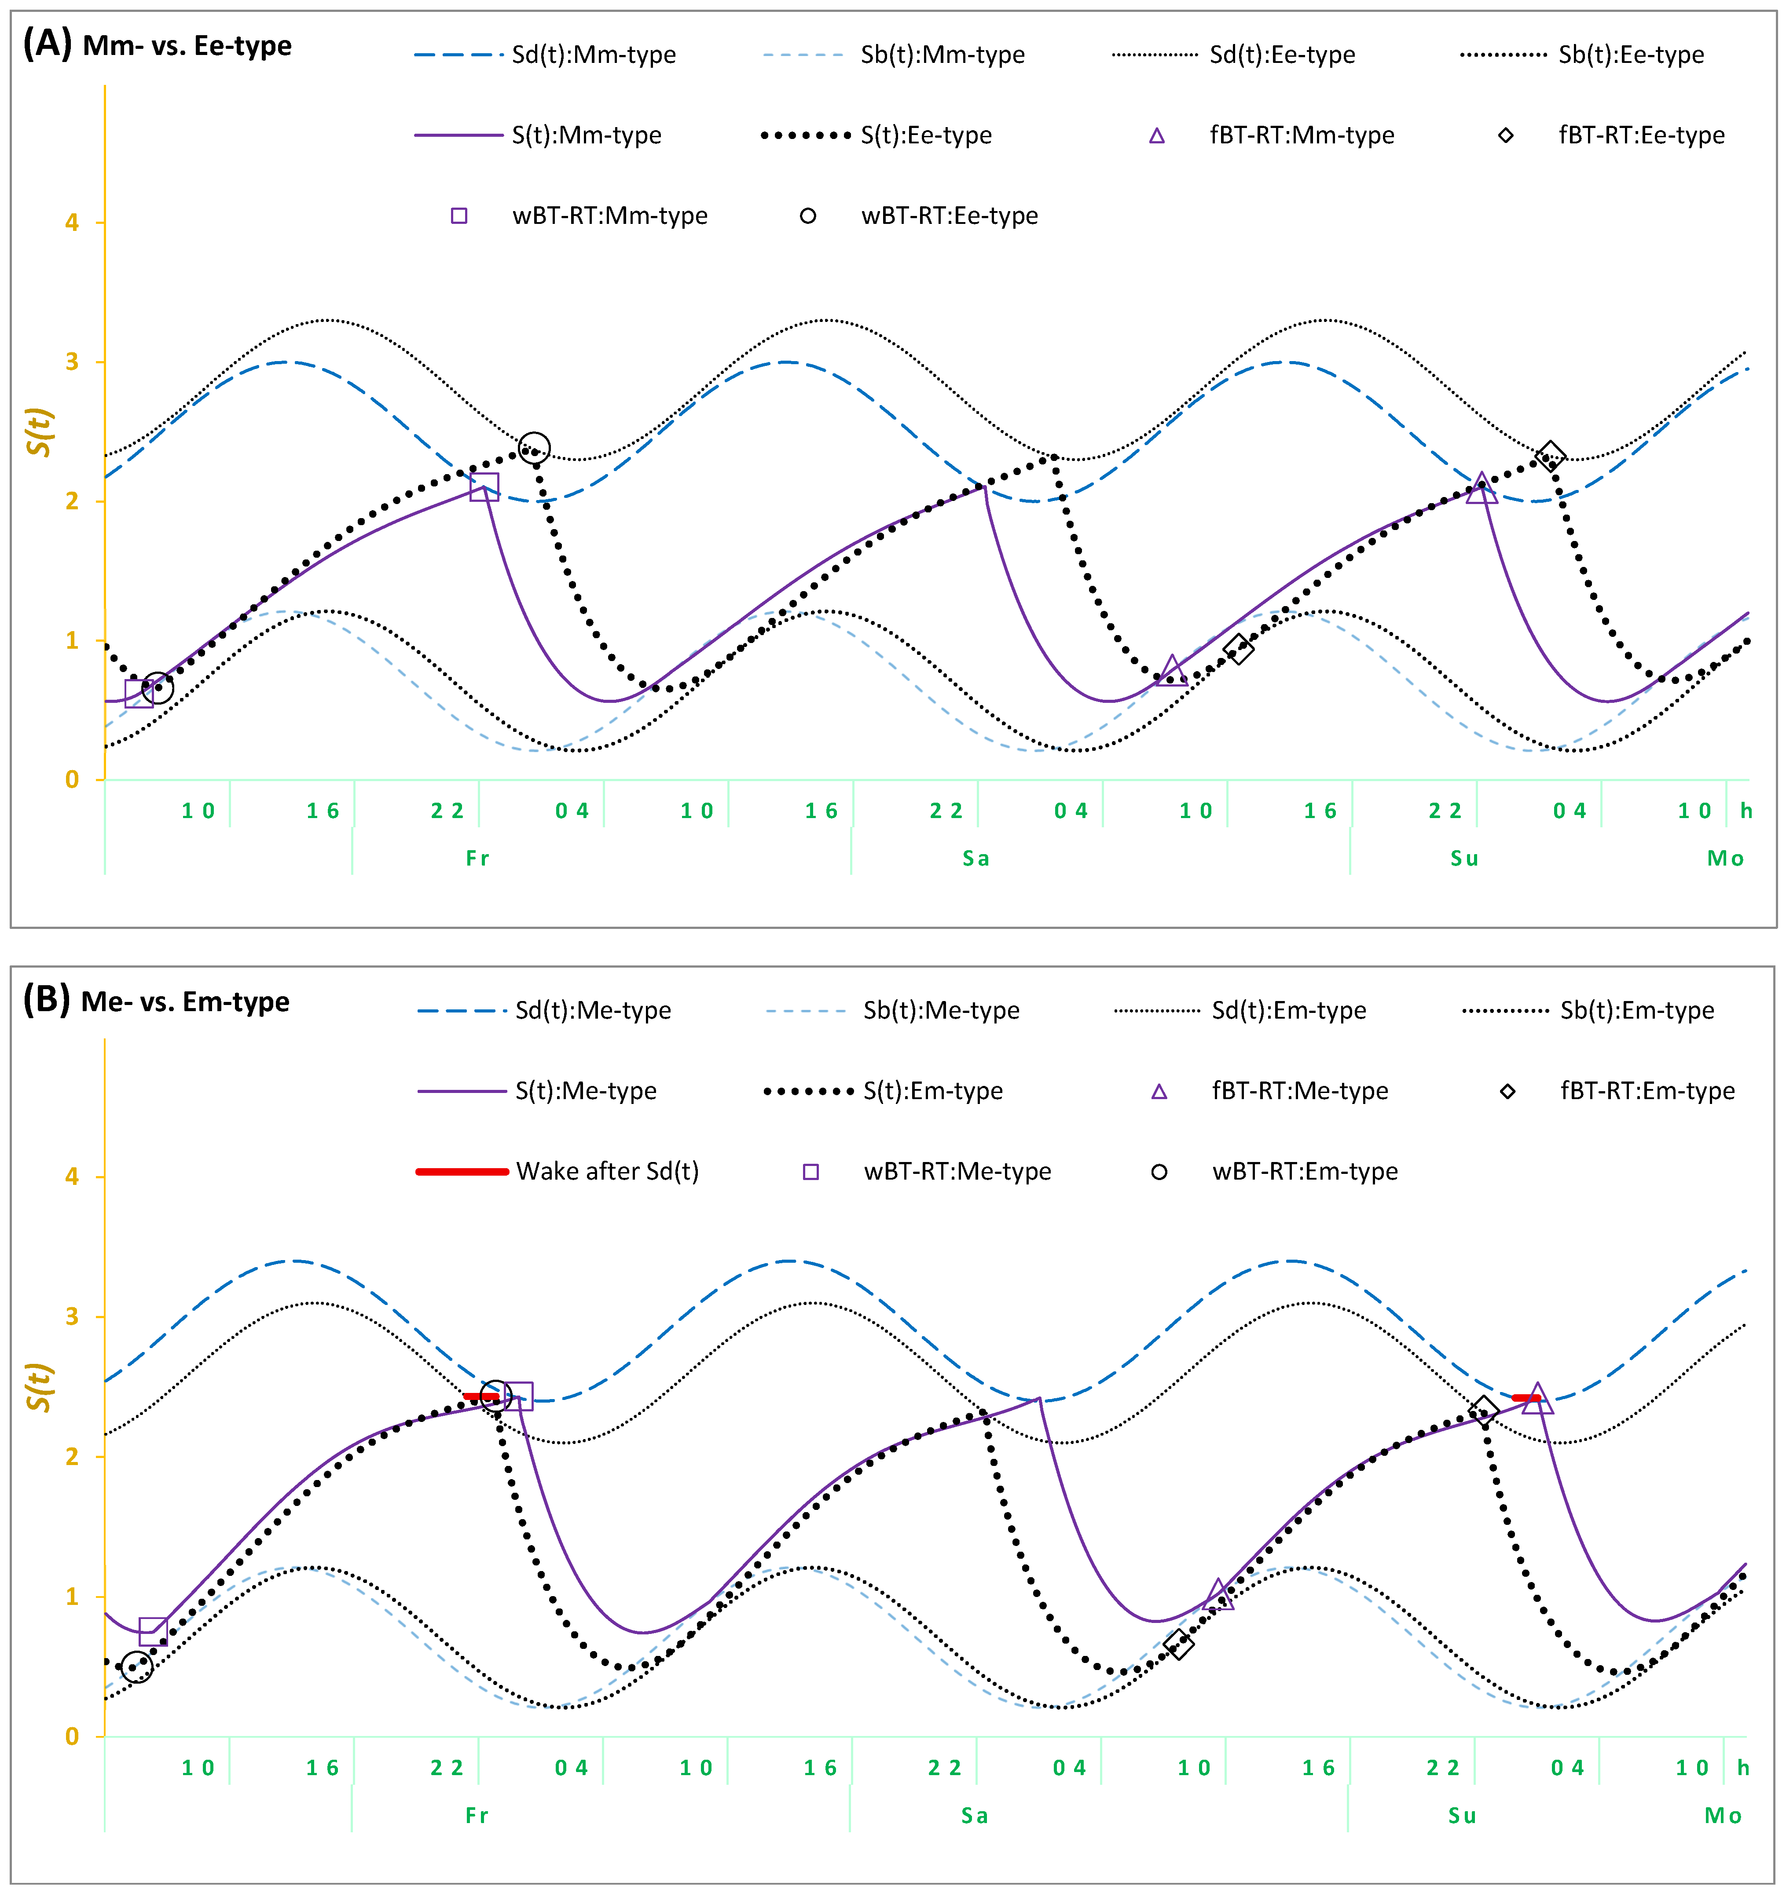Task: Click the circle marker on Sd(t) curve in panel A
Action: (x=534, y=448)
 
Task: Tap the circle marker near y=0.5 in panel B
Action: (x=137, y=1666)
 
